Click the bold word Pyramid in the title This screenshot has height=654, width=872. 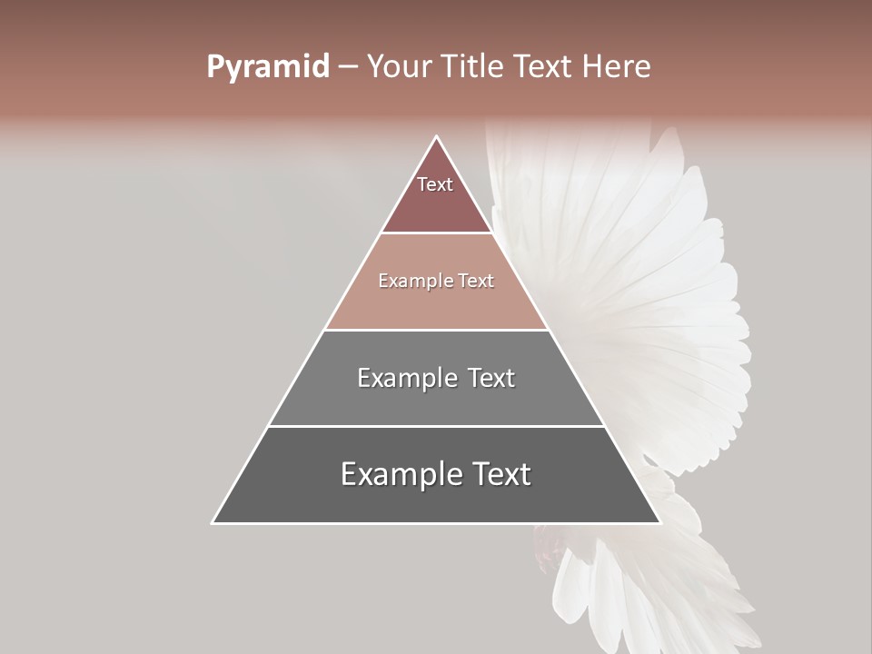tap(268, 67)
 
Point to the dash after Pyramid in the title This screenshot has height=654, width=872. tap(348, 67)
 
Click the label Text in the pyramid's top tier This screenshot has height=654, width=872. tap(435, 185)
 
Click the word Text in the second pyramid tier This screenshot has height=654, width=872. tap(476, 282)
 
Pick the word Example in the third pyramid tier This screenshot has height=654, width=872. tap(407, 378)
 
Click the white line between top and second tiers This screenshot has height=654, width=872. tap(437, 233)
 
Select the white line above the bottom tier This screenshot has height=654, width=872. tap(437, 426)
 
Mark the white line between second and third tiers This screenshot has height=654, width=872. tap(437, 330)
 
